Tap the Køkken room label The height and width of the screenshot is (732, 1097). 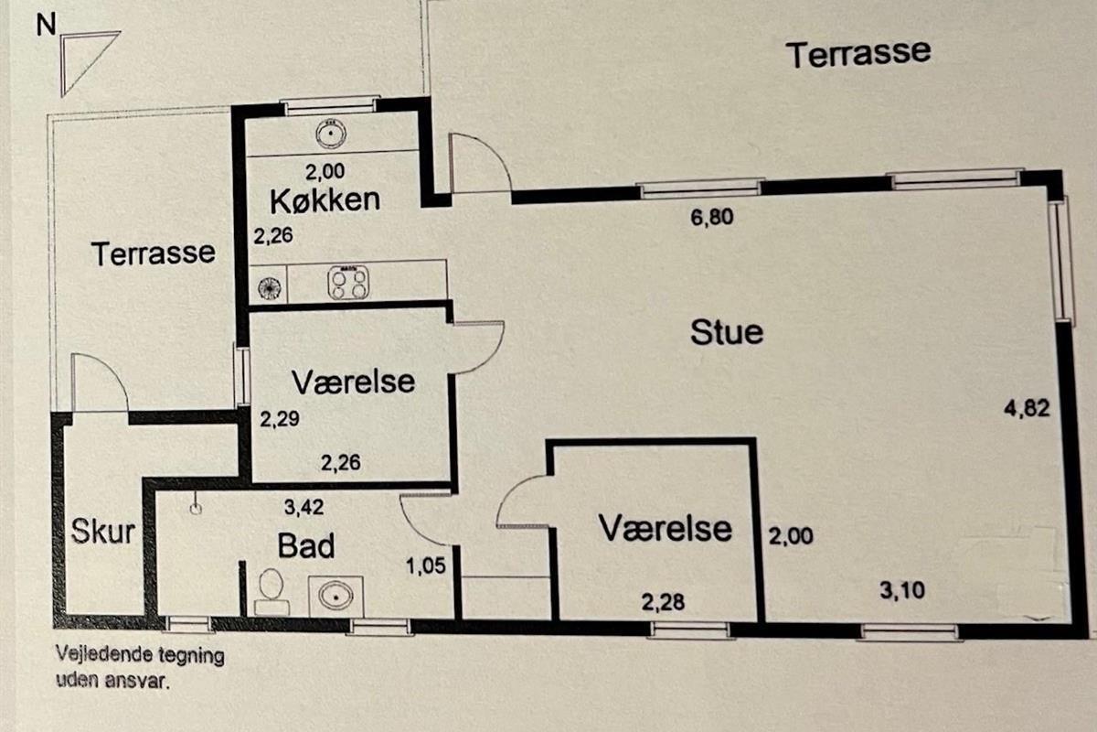(x=325, y=199)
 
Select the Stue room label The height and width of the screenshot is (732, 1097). (x=726, y=331)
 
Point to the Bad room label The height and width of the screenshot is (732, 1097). (x=305, y=546)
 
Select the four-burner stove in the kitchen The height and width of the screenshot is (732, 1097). (x=348, y=283)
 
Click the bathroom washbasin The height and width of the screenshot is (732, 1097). (x=335, y=596)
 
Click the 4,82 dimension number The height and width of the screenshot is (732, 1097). (x=1026, y=409)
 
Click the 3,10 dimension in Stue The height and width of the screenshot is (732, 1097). (x=901, y=590)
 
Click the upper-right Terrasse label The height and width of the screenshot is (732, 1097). (x=859, y=53)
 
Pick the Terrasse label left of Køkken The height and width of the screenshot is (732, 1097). (x=154, y=253)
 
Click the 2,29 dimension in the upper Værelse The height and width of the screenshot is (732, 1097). (x=280, y=420)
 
